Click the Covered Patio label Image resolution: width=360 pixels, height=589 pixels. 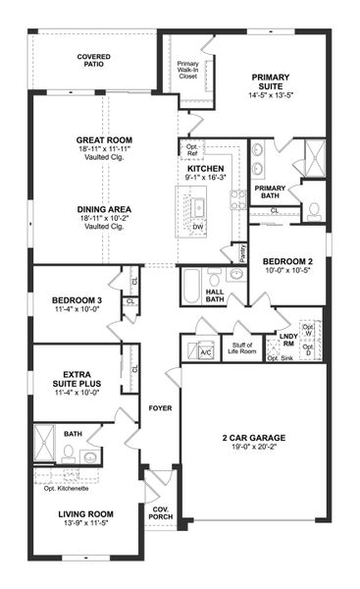click(x=94, y=63)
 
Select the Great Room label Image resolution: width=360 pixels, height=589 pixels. click(x=104, y=140)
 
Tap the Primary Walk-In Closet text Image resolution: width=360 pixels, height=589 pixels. click(x=188, y=70)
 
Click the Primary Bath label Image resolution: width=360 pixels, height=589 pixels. click(x=270, y=191)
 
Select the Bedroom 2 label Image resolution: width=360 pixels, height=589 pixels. click(x=286, y=261)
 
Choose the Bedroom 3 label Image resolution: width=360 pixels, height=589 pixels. click(x=77, y=300)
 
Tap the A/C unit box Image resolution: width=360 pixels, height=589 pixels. click(x=206, y=351)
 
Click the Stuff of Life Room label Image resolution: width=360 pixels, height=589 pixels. click(x=245, y=347)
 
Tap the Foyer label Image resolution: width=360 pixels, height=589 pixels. click(x=159, y=407)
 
